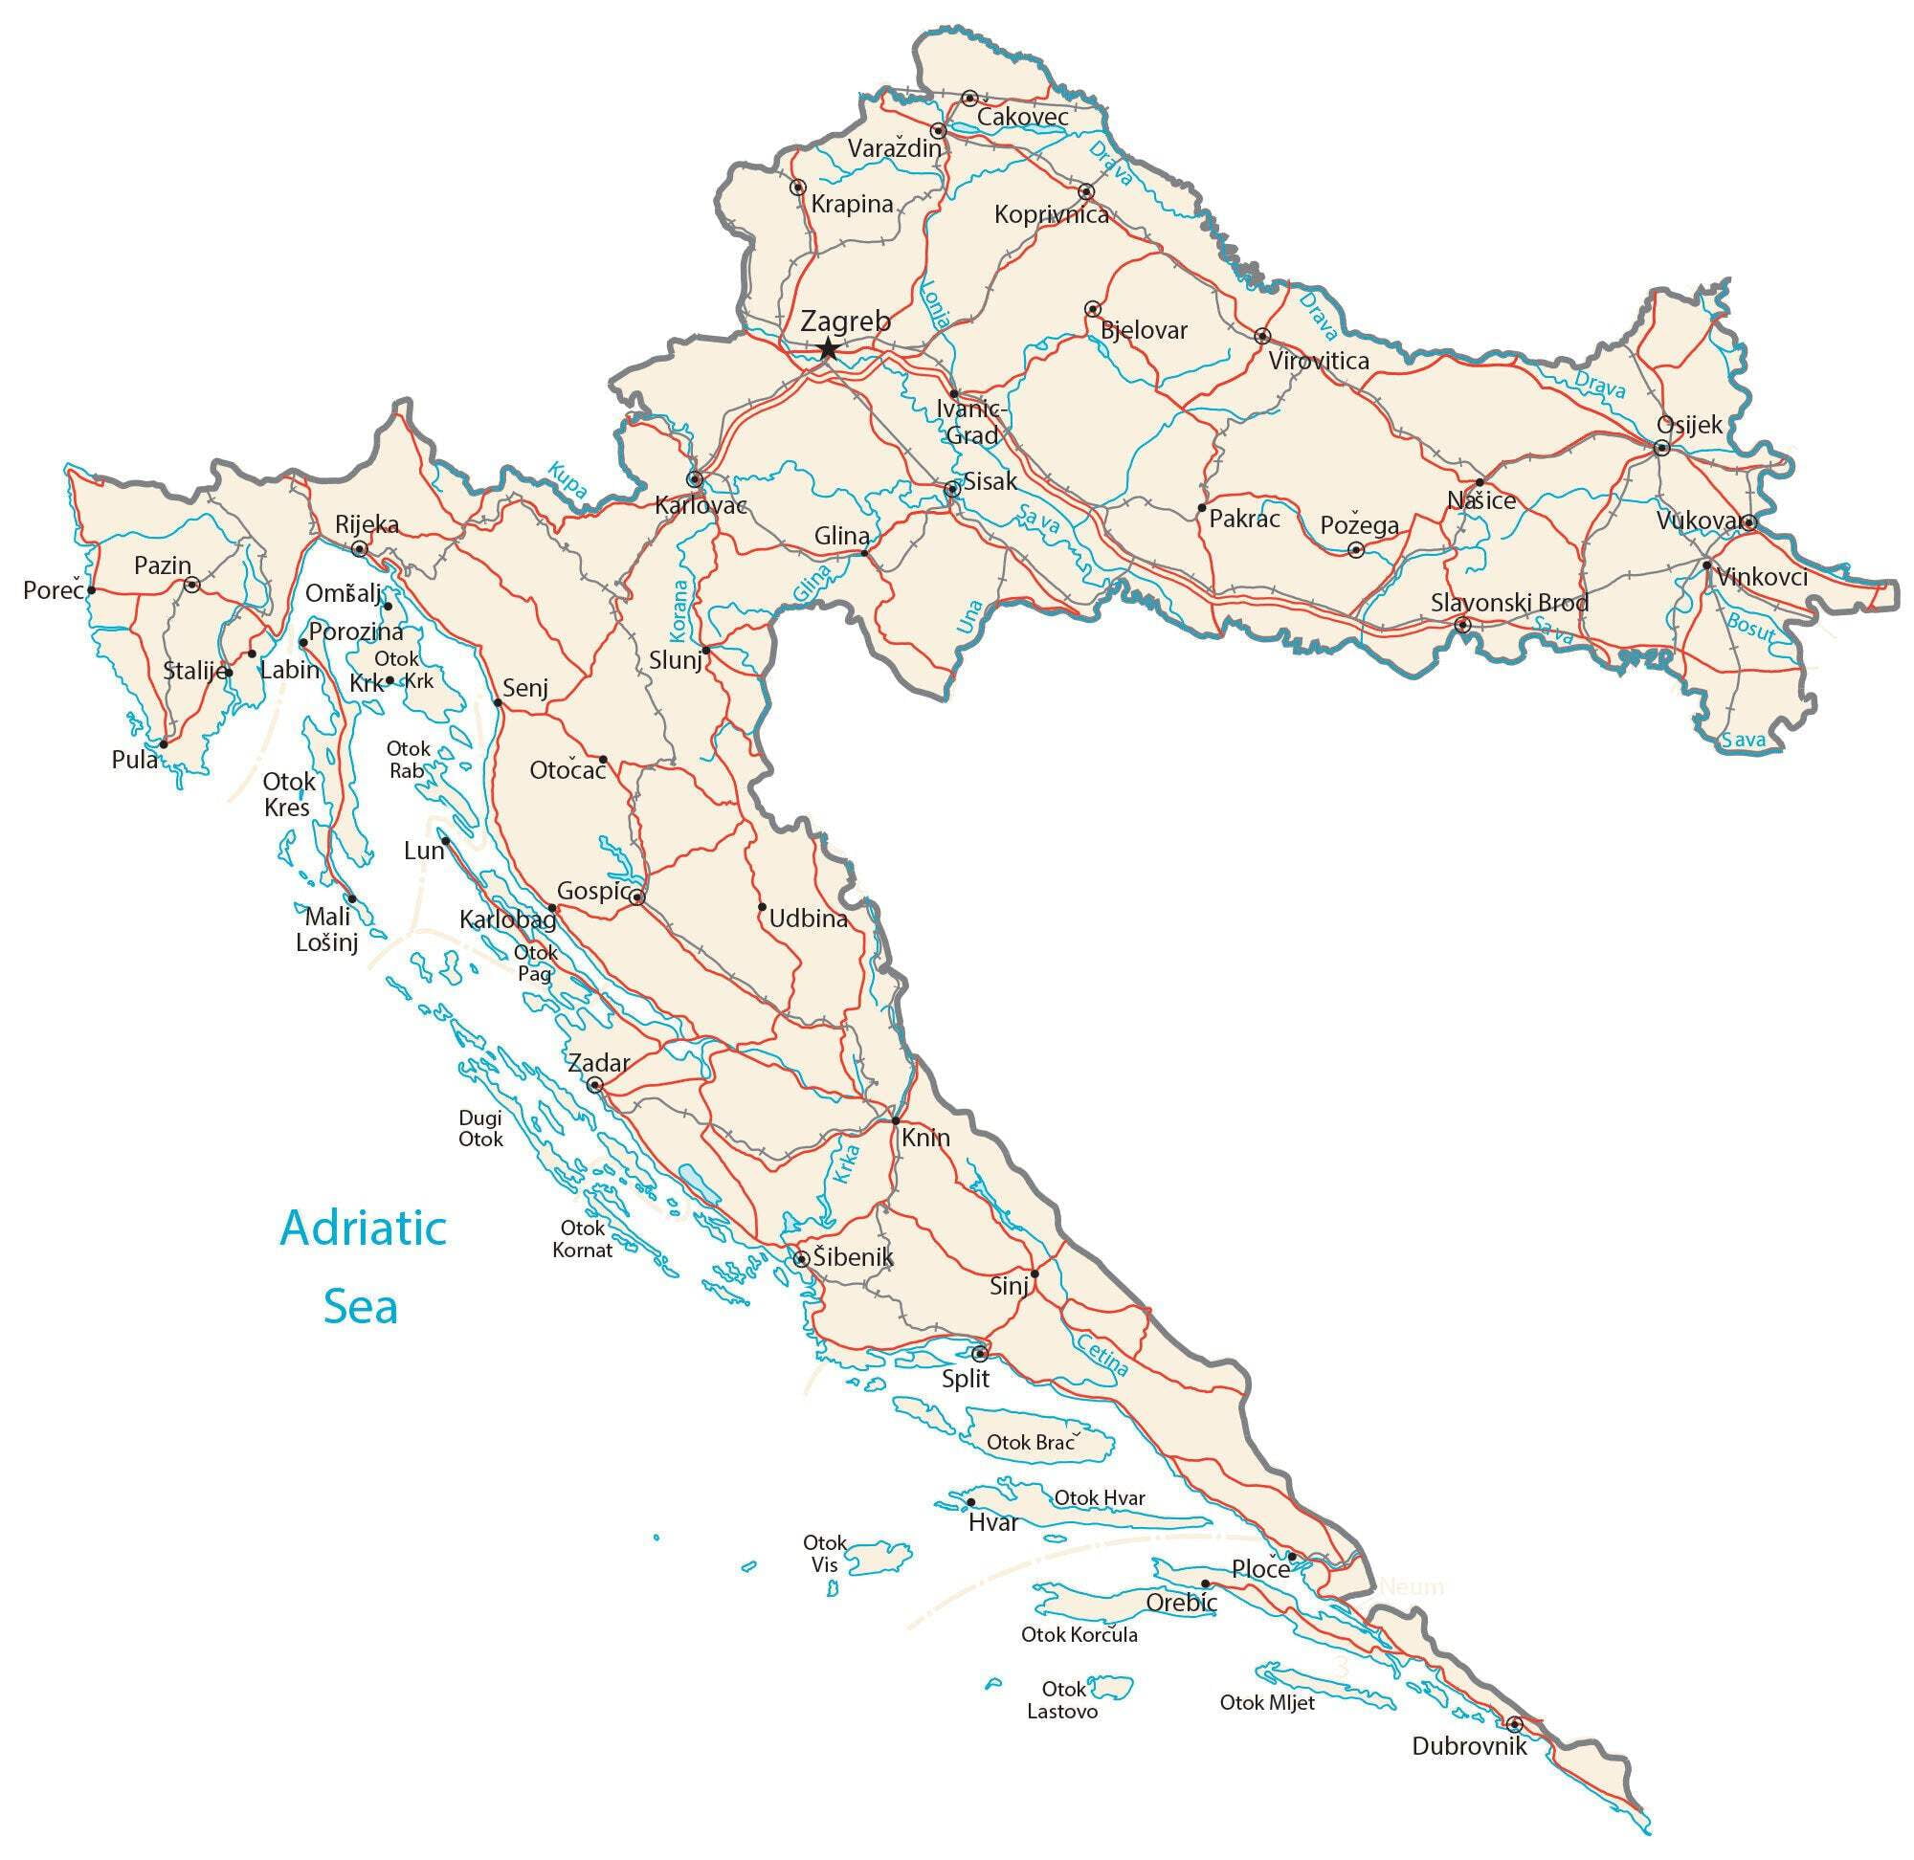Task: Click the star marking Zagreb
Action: tap(828, 348)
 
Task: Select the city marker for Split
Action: tap(979, 1354)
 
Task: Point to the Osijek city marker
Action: tap(1661, 449)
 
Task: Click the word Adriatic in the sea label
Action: tap(363, 1228)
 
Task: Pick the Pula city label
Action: tap(135, 759)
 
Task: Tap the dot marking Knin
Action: tap(895, 1120)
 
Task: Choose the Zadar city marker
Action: tap(594, 1084)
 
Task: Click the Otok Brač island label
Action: tap(1031, 1442)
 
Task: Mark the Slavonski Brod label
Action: tap(1509, 603)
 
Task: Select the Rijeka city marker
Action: tap(360, 549)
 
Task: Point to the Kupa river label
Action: tap(568, 478)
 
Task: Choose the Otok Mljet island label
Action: tap(1266, 1703)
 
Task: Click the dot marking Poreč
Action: tap(91, 590)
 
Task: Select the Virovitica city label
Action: tap(1318, 361)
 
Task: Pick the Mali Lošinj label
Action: tap(327, 929)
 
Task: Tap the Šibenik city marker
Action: tap(801, 1258)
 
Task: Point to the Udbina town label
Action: tap(808, 919)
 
